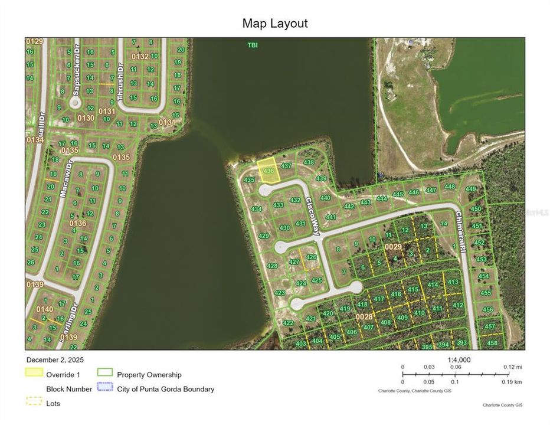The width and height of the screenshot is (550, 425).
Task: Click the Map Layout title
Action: click(x=274, y=24)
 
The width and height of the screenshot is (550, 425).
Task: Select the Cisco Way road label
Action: click(x=312, y=216)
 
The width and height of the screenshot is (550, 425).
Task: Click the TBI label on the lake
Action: click(x=253, y=45)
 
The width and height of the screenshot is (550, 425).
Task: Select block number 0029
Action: click(x=393, y=246)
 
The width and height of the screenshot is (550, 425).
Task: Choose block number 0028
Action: click(x=364, y=317)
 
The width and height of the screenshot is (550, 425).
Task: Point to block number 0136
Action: click(x=77, y=224)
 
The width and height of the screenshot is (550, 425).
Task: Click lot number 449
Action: click(x=470, y=189)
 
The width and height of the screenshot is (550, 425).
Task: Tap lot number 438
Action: click(x=309, y=162)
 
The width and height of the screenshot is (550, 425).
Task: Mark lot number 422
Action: click(x=288, y=323)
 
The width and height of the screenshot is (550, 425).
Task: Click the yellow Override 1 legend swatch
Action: click(x=34, y=373)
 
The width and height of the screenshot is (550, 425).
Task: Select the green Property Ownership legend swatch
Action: click(x=105, y=373)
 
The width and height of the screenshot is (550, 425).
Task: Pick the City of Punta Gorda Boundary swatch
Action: click(x=105, y=388)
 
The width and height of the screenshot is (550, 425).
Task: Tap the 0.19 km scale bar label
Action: click(x=511, y=382)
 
